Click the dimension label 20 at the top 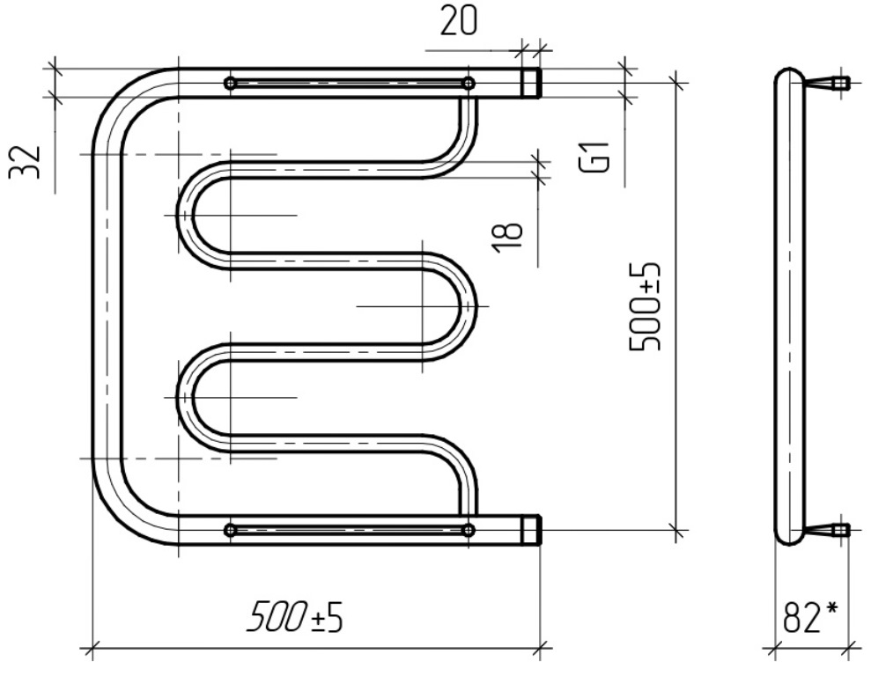click(x=458, y=22)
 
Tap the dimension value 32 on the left click(x=25, y=162)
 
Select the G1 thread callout click(x=595, y=157)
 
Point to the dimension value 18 click(x=508, y=239)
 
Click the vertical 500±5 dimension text click(x=646, y=306)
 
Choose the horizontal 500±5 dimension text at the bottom click(x=295, y=617)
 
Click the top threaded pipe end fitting click(x=530, y=84)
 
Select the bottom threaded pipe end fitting click(x=530, y=530)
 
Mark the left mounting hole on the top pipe click(x=230, y=84)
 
